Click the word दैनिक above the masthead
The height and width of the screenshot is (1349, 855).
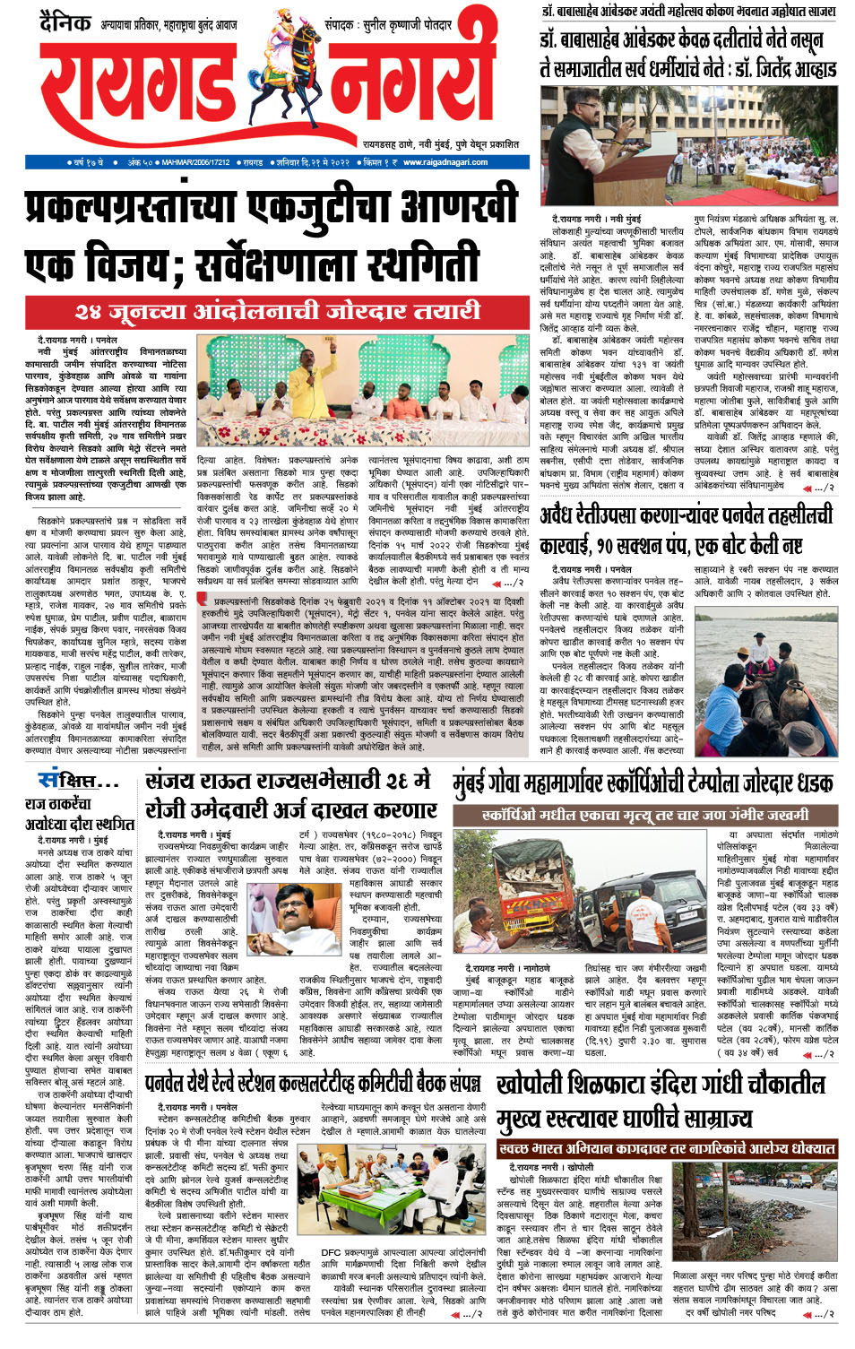(x=65, y=22)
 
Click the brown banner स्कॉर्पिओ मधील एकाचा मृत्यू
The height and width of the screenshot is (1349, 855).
(x=643, y=816)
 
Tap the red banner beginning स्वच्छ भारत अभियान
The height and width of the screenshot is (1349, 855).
(x=667, y=1148)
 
